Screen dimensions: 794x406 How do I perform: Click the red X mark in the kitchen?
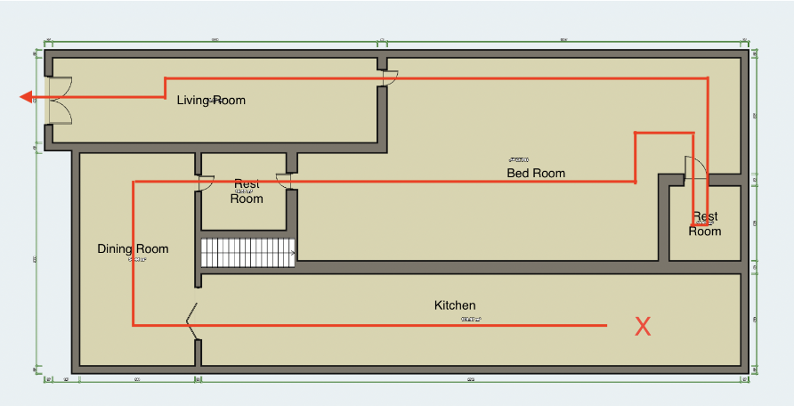point(643,327)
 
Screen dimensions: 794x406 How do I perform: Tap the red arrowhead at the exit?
point(28,97)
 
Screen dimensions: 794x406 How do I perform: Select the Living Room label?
point(210,100)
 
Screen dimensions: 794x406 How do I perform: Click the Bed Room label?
point(536,173)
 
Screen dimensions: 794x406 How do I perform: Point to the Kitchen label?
point(455,305)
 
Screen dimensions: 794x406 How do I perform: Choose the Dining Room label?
point(133,248)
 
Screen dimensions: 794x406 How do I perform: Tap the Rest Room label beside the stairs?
point(247,191)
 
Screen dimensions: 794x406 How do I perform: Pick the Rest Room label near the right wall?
point(705,223)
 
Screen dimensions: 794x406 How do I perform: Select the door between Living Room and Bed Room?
point(388,78)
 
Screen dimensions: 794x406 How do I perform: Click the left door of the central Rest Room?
point(205,182)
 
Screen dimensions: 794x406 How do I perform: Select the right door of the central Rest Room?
point(285,181)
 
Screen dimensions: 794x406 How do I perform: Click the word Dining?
point(116,248)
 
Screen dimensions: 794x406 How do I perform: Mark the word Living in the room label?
point(193,100)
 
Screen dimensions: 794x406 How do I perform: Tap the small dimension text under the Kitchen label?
point(471,319)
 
